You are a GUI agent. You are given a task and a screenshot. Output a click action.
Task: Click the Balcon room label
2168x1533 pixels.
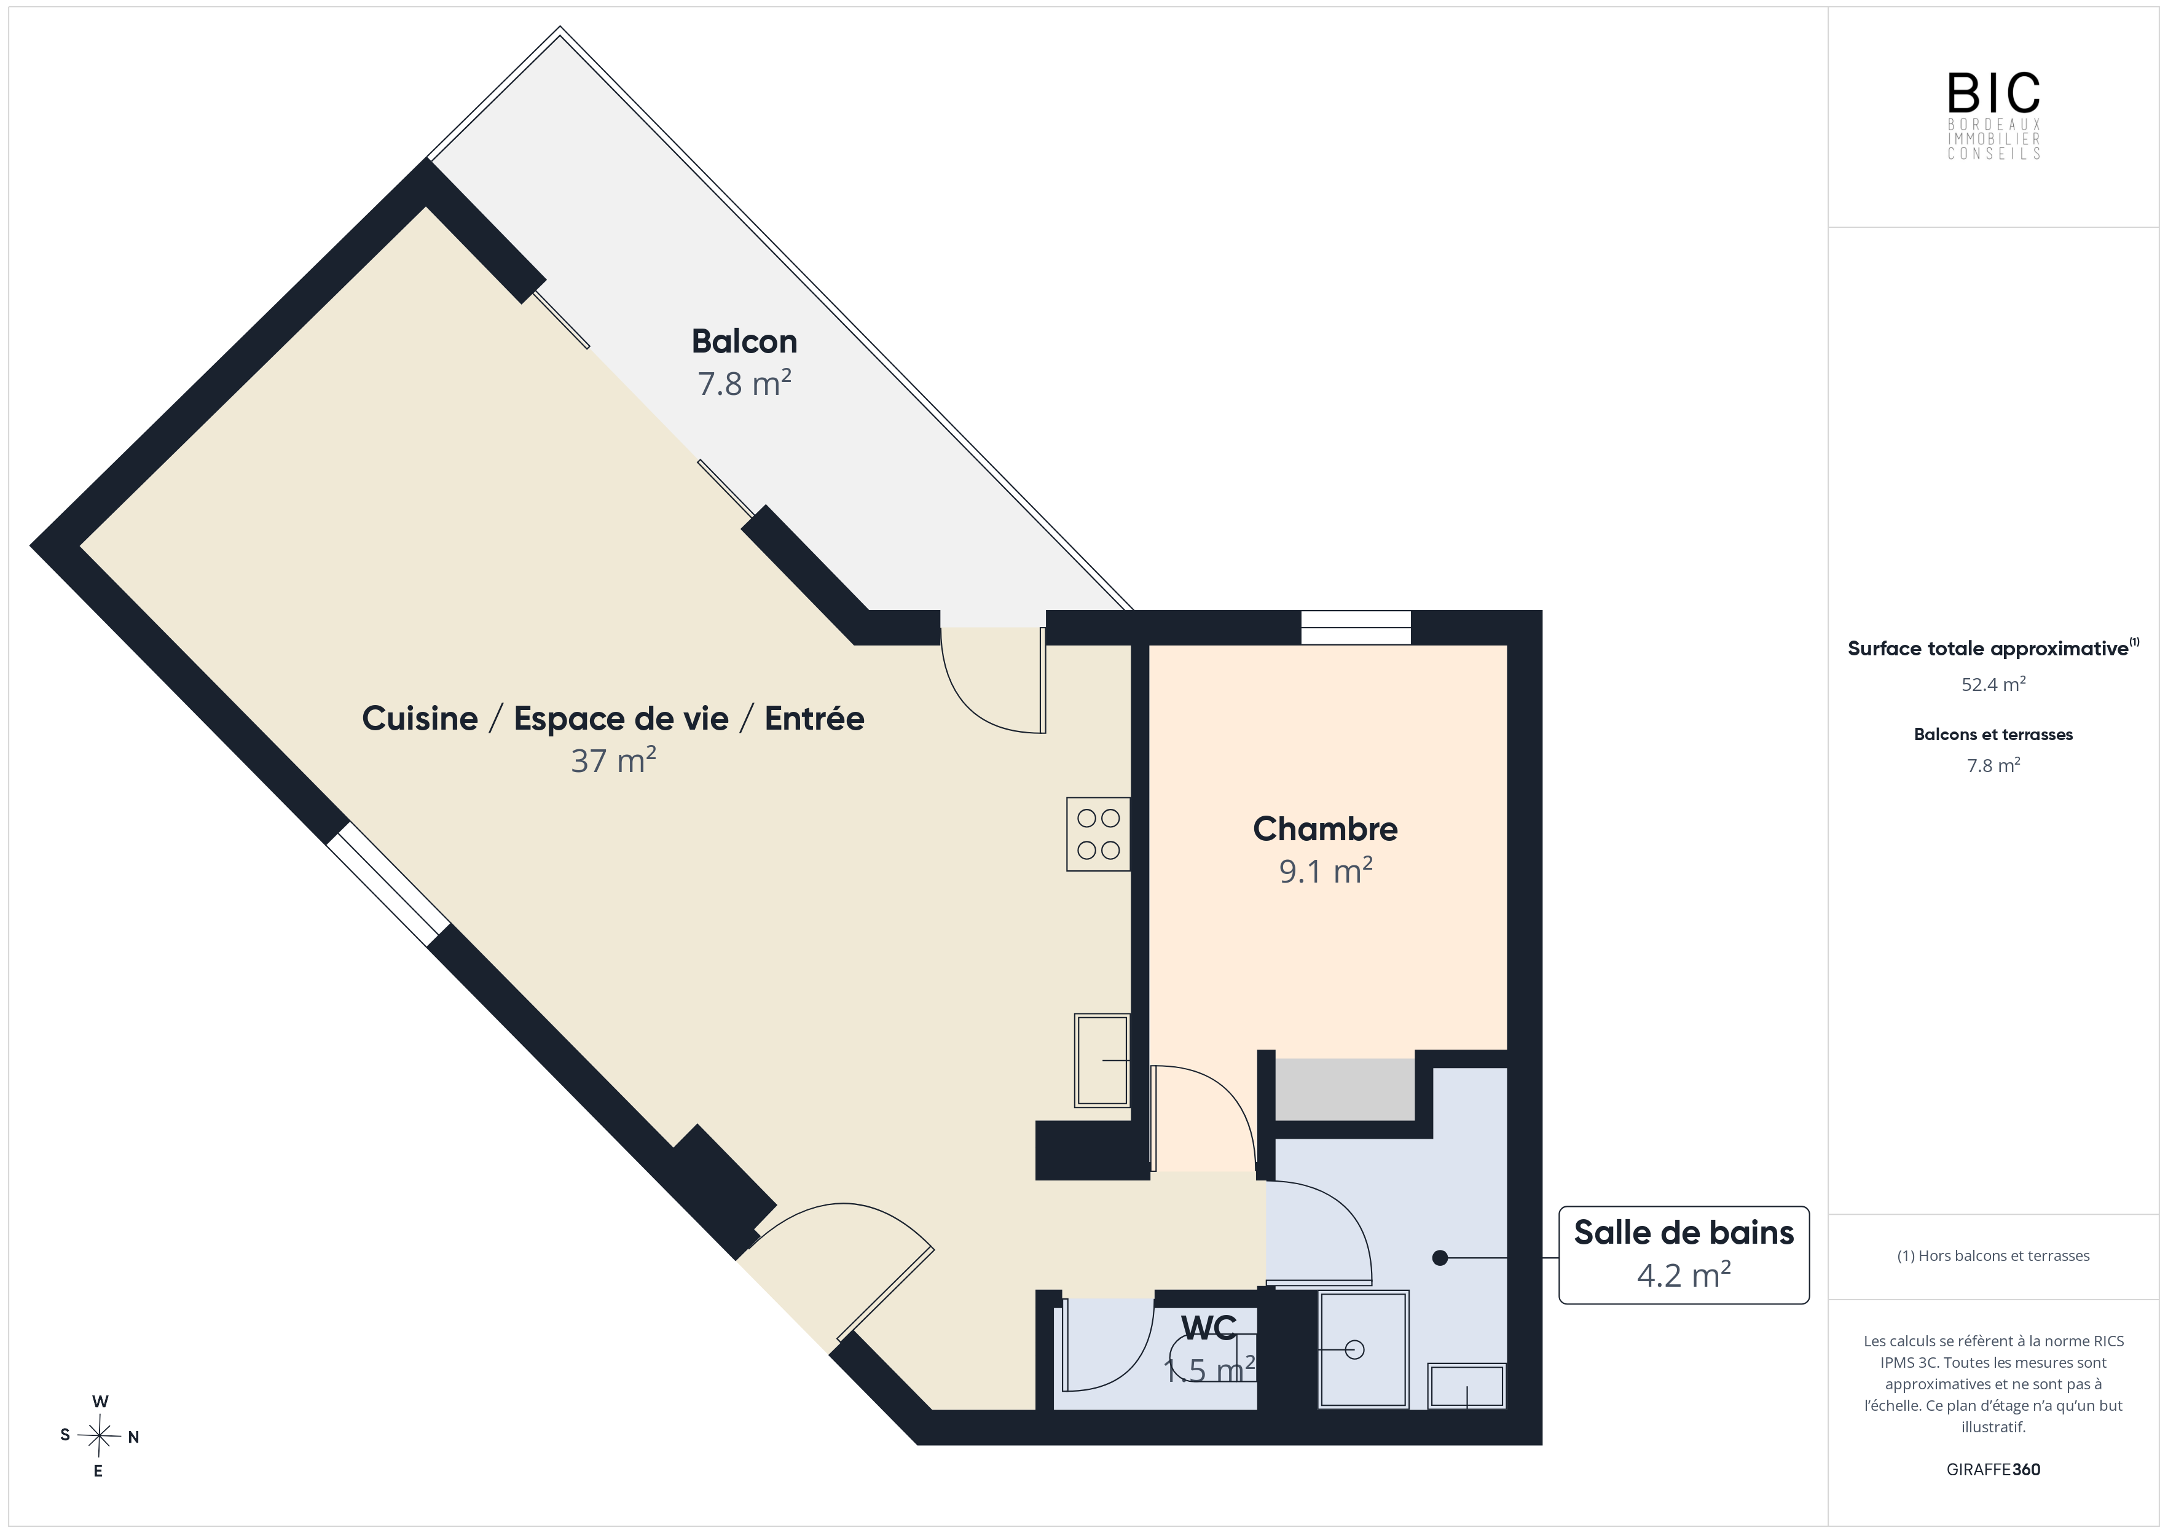point(744,341)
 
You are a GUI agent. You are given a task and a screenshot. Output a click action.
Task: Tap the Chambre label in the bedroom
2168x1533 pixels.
point(1325,828)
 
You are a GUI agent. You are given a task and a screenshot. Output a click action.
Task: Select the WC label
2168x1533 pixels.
point(1209,1328)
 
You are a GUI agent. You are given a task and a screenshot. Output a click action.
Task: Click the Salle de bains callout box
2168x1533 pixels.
point(1684,1255)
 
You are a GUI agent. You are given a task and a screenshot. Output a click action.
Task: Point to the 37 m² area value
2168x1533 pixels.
point(614,760)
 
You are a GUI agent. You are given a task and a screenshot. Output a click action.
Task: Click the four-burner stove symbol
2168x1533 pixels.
point(1098,833)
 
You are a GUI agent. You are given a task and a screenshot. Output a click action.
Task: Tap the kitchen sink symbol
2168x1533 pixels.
point(1102,1060)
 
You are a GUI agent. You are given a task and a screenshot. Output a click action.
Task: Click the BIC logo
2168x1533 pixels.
point(1993,115)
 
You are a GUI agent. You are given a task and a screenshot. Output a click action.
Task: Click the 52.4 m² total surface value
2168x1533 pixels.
point(1993,684)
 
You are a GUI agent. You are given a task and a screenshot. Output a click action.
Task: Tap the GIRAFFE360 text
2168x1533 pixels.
point(1993,1469)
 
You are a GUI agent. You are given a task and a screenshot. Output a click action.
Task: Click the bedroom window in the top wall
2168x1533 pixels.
point(1356,628)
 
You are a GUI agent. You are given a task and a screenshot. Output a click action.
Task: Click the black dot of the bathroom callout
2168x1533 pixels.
point(1440,1257)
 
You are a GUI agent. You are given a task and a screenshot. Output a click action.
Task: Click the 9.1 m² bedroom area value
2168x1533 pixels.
point(1326,870)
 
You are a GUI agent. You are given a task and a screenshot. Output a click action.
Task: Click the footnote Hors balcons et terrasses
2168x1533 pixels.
point(1993,1255)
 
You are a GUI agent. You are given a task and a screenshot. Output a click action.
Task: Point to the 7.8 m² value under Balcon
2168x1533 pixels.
point(744,383)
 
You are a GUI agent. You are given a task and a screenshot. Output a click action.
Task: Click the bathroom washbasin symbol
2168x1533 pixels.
point(1466,1386)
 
